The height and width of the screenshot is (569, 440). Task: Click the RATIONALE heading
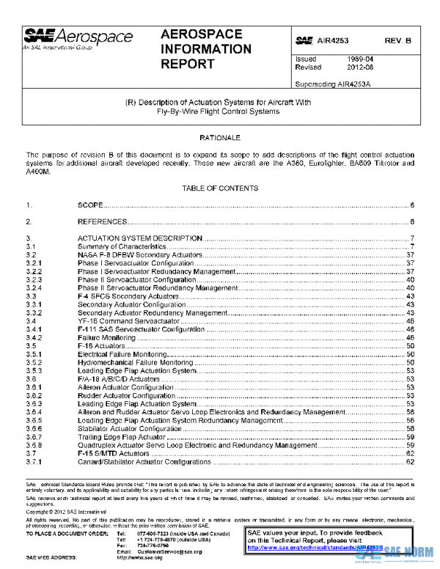pyautogui.click(x=219, y=137)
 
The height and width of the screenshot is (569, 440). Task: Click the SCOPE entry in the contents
pyautogui.click(x=90, y=205)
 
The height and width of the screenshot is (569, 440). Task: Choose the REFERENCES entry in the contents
pyautogui.click(x=103, y=221)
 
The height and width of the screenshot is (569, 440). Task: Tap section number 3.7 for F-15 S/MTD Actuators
pyautogui.click(x=32, y=454)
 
